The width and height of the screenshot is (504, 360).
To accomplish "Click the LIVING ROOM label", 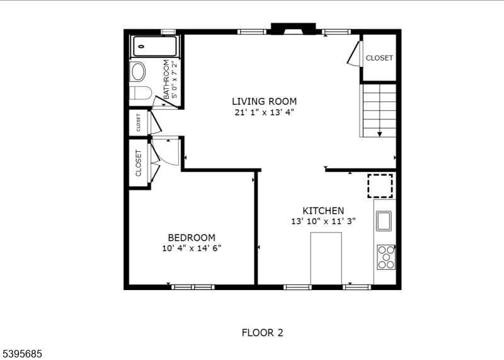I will tap(264, 101).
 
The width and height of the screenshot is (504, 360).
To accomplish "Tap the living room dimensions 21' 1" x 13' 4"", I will tap(264, 112).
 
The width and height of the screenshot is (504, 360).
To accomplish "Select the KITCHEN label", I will tap(323, 211).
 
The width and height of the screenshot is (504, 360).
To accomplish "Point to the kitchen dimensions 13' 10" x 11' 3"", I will tap(323, 221).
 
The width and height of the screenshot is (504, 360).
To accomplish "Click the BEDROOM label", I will tap(191, 237).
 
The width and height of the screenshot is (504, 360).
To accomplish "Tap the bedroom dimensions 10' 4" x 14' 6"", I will tap(191, 248).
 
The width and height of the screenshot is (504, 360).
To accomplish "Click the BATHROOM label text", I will tap(167, 79).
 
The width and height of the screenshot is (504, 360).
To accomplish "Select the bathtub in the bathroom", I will tap(155, 47).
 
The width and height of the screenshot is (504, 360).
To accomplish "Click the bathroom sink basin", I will tap(138, 71).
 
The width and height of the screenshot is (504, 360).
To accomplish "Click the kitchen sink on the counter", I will tap(384, 221).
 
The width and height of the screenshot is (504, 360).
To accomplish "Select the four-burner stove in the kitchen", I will tap(386, 257).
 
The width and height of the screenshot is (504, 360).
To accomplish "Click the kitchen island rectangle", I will tap(326, 258).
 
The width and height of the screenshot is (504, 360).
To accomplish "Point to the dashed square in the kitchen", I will tap(380, 185).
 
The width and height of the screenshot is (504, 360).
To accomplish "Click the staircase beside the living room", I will tap(378, 110).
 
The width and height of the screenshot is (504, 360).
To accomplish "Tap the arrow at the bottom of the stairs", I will tap(380, 133).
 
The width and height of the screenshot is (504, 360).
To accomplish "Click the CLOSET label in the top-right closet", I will tap(379, 58).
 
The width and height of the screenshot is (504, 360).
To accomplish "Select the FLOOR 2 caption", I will tap(262, 332).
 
